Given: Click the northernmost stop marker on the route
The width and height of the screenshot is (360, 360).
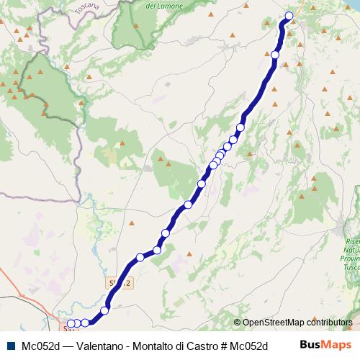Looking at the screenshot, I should [289, 16].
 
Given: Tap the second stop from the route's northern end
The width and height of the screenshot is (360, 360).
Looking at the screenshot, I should [275, 55].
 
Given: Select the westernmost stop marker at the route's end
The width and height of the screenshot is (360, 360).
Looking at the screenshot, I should [70, 323].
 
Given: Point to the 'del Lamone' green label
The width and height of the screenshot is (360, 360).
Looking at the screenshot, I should [161, 6].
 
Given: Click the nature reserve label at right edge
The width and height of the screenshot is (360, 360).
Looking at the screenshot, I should [351, 252].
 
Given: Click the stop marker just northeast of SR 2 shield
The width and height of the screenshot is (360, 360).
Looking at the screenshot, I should [140, 257].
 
